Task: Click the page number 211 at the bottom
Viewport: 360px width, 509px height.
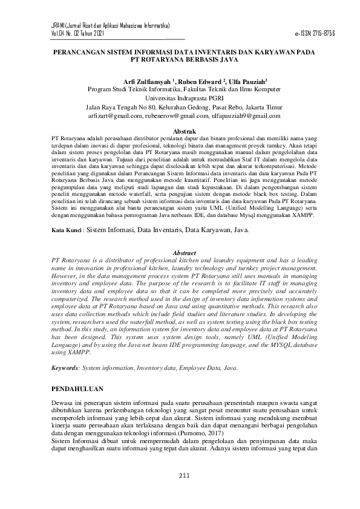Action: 185,475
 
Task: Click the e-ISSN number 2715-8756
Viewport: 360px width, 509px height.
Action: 322,33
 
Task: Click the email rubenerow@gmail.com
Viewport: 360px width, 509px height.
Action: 177,115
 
